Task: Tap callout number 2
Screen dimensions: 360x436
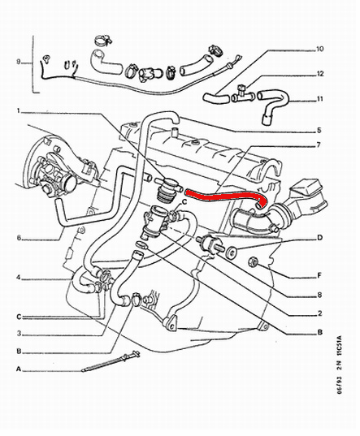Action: pyautogui.click(x=319, y=313)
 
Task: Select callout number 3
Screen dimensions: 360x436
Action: pyautogui.click(x=19, y=332)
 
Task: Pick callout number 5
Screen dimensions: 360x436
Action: pyautogui.click(x=319, y=130)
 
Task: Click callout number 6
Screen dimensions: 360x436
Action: pyautogui.click(x=18, y=238)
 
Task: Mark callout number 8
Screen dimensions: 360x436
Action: pyautogui.click(x=319, y=296)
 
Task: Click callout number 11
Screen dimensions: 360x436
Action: pyautogui.click(x=320, y=101)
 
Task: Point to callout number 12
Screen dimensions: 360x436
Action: pyautogui.click(x=320, y=74)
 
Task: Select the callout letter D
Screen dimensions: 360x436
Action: pyautogui.click(x=319, y=237)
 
